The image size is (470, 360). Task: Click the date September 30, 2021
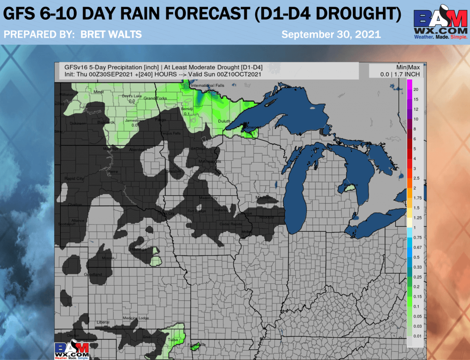331,35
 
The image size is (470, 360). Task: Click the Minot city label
98,92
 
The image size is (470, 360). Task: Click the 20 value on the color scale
415,89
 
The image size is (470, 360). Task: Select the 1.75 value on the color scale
417,198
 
